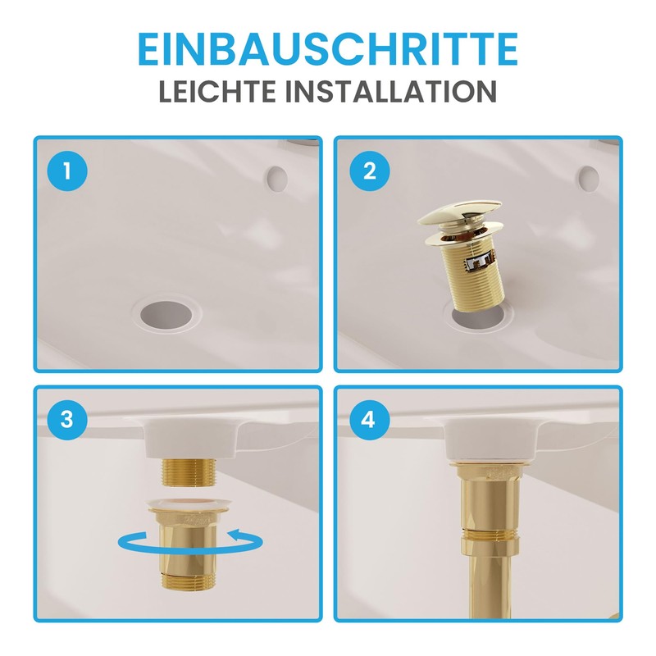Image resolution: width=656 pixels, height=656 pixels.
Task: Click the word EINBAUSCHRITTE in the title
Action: point(327,49)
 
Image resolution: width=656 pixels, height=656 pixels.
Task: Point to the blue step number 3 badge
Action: point(66,420)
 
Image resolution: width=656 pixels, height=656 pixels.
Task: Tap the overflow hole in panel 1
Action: point(277,175)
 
